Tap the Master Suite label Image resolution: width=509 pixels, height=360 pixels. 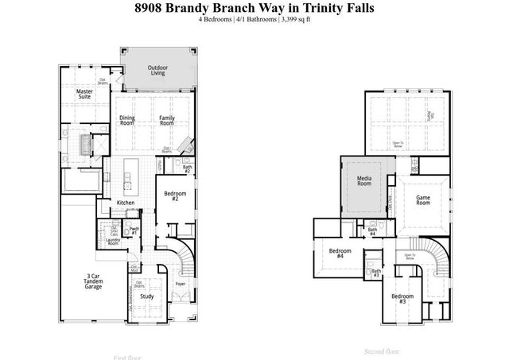tap(85, 95)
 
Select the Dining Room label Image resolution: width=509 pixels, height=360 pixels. tap(127, 121)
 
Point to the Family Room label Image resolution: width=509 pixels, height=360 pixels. tap(166, 121)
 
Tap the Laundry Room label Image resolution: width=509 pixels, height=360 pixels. tap(112, 242)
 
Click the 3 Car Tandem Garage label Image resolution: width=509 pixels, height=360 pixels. tap(93, 281)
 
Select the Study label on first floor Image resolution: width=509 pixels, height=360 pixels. tap(146, 296)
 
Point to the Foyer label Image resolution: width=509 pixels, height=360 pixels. tap(181, 283)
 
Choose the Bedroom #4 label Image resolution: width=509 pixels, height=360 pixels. tap(340, 255)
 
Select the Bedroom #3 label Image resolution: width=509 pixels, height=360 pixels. tap(402, 300)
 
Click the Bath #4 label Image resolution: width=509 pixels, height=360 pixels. tap(372, 231)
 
